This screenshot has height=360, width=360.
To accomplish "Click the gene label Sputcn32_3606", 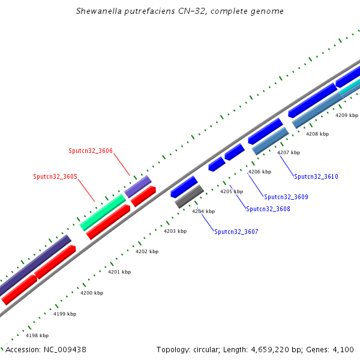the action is point(91,151).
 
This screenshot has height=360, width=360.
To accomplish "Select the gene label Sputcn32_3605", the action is point(55,176).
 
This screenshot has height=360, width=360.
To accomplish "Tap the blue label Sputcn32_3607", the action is point(236,232).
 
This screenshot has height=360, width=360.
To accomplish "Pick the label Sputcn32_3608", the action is point(268,209).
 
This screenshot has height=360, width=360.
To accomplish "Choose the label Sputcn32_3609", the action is point(286,197).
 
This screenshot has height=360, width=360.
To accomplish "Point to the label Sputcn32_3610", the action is point(316,176).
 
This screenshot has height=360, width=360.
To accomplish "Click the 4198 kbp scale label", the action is point(37,335).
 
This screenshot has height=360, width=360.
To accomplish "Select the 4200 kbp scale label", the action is point(92,293).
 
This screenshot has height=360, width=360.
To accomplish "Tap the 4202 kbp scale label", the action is point(147,251).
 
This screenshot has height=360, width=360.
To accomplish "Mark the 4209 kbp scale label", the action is point(347,115).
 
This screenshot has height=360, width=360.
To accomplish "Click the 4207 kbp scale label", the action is point(289,152).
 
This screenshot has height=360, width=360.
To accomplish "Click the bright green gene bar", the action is point(103,212).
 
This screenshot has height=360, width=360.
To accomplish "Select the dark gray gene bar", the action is point(189,197).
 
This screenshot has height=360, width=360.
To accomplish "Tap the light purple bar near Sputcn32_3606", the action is point(138,187).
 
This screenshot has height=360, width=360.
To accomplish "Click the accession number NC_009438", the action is point(65,350).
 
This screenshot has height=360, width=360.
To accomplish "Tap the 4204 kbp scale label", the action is point(203,211).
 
